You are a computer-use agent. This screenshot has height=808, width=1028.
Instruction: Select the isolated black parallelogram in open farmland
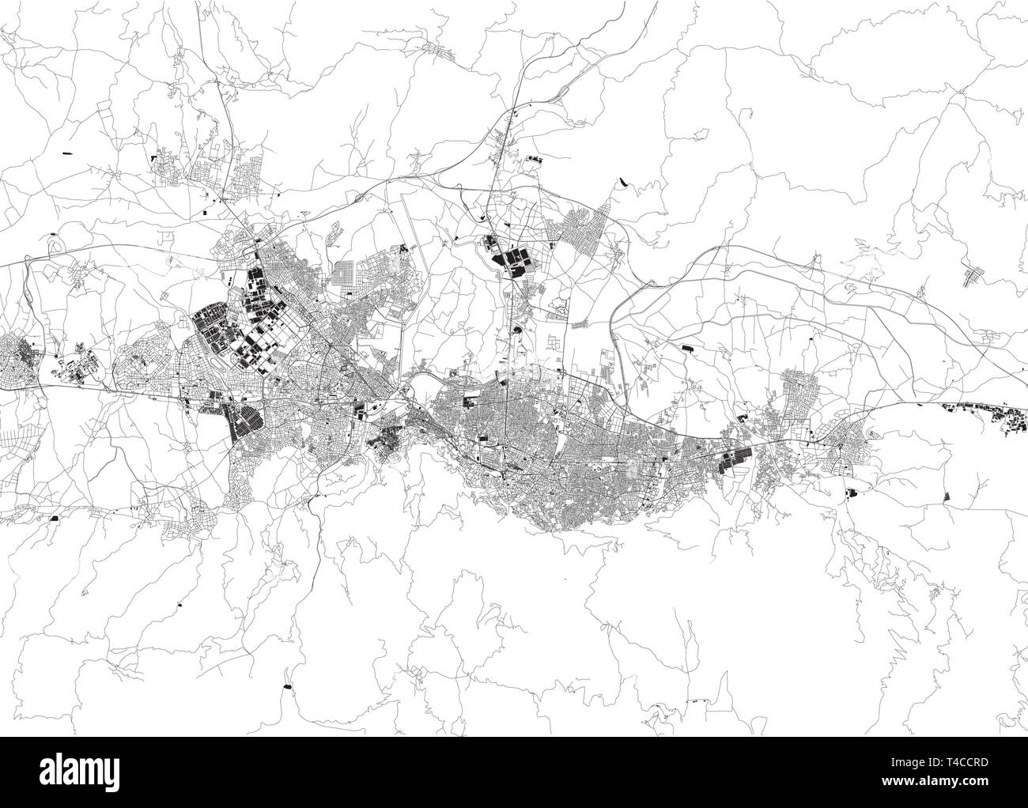point(949,495)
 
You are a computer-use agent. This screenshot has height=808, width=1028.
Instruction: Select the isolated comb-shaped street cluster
point(970,275)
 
